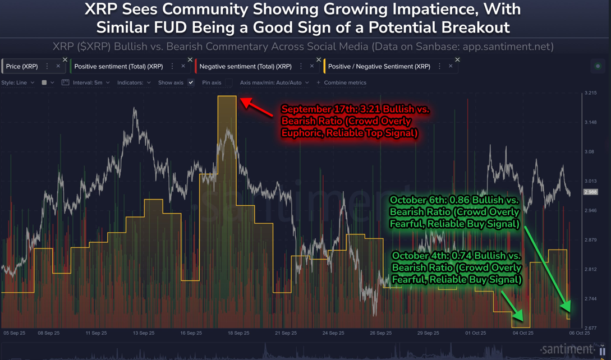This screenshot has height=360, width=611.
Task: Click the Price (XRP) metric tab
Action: [22, 66]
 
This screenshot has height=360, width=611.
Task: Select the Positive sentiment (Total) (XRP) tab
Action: [118, 66]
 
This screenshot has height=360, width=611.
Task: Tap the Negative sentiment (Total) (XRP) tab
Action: [245, 66]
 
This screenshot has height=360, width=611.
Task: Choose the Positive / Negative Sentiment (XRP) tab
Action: [379, 66]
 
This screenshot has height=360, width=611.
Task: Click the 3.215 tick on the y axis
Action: [590, 93]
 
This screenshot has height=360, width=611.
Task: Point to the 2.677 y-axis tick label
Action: [590, 328]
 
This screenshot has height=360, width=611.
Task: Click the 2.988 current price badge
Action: [590, 192]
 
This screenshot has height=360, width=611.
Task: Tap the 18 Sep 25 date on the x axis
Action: [238, 333]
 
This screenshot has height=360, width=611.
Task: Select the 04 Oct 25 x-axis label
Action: [523, 333]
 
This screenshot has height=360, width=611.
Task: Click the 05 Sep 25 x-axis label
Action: [15, 333]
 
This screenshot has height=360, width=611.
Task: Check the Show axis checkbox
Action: [191, 82]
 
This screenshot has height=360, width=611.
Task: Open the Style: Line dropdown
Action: [17, 82]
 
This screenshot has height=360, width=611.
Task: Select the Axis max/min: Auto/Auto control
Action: [274, 82]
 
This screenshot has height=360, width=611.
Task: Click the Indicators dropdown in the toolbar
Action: [134, 82]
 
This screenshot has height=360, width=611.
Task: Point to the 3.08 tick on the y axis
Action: [589, 152]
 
